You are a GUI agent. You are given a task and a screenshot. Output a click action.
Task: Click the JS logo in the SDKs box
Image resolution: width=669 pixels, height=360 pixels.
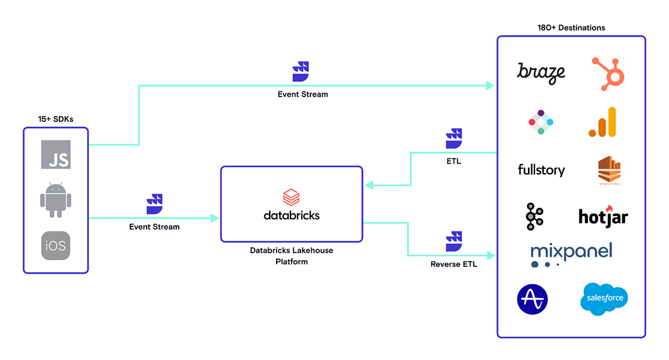coord(56,154)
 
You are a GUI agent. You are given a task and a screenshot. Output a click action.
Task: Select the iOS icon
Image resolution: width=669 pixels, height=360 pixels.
coord(56,245)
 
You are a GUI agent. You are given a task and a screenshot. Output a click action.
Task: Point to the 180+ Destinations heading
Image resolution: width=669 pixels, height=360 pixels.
coord(571,27)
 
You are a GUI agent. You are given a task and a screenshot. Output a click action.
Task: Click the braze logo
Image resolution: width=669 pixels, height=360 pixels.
coord(541,72)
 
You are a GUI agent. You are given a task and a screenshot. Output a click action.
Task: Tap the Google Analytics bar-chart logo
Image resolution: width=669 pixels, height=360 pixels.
coord(603,122)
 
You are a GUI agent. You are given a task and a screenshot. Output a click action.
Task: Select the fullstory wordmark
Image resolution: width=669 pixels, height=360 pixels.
coord(541,169)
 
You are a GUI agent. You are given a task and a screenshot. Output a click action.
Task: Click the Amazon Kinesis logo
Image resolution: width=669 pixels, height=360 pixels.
coord(609,170)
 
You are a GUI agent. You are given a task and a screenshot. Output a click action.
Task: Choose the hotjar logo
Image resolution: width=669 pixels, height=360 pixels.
coord(603,216)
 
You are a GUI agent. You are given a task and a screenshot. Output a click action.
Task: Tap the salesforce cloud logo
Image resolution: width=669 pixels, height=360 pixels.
coord(604,298)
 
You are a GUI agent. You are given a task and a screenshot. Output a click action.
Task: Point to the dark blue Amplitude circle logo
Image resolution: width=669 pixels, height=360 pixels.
coord(532,299)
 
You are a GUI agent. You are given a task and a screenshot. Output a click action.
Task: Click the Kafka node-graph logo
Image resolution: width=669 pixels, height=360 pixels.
coord(534,216)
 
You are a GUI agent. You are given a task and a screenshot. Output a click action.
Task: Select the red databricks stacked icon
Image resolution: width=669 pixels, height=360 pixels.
coord(292,197)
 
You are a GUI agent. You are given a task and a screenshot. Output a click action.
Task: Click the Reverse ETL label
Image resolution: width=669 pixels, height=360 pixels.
coord(454,264)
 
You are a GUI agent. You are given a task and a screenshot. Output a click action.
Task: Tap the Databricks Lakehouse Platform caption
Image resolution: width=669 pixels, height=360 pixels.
coord(292,256)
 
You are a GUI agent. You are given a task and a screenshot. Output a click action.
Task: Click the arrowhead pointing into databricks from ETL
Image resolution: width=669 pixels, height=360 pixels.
coord(367,186)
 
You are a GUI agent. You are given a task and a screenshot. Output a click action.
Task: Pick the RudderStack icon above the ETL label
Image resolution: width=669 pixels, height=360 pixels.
coord(454,138)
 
